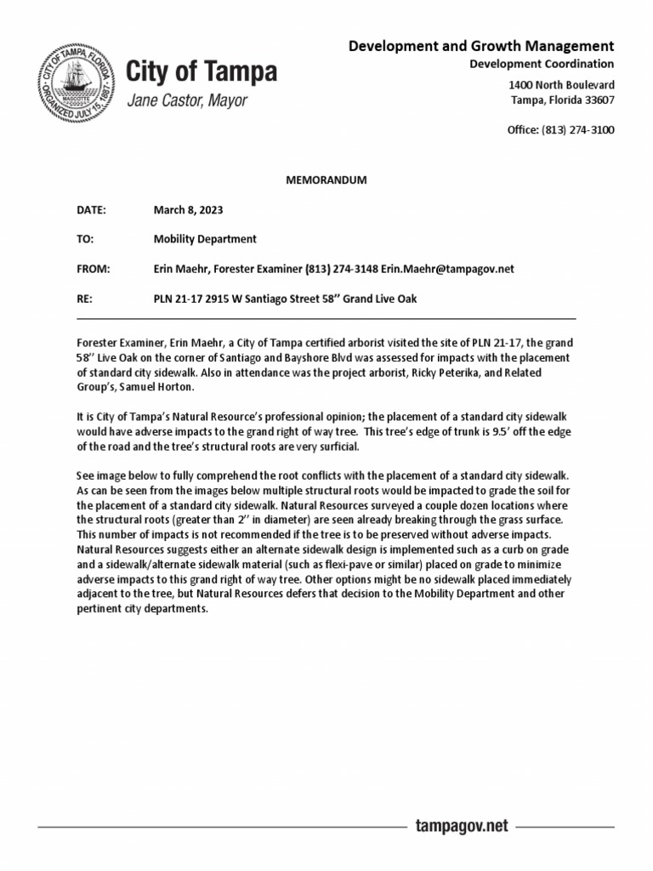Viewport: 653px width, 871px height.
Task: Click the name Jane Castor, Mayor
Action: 187,101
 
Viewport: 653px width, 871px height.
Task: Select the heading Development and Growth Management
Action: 481,46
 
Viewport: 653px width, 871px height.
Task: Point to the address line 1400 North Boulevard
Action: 561,85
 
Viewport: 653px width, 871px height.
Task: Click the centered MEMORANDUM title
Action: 326,180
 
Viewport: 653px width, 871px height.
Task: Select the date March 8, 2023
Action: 188,209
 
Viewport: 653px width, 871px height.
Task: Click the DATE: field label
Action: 90,209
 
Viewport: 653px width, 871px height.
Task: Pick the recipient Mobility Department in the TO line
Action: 205,239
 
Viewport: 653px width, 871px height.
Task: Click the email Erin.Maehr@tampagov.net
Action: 447,269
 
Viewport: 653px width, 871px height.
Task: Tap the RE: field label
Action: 85,299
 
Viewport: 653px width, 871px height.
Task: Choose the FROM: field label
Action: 93,269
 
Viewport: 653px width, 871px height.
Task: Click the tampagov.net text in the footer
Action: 461,826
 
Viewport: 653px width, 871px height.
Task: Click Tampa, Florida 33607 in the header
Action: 562,100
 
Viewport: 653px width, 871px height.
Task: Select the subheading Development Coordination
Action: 542,65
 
